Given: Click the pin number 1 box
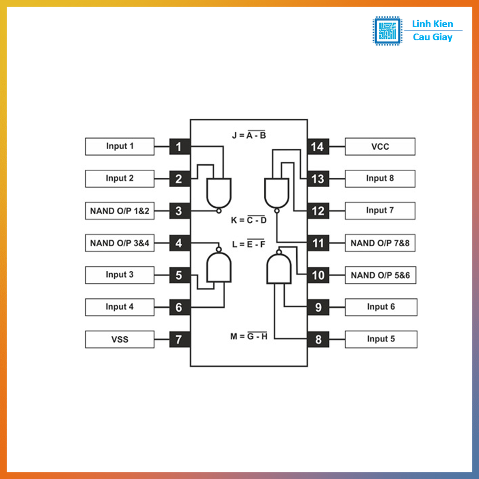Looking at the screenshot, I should click(179, 147).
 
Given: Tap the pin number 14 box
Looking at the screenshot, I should click(318, 147).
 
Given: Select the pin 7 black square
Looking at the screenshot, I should click(179, 339).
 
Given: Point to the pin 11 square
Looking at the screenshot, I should click(318, 243).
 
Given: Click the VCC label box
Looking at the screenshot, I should click(380, 146).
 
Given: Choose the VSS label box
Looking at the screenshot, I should click(120, 339).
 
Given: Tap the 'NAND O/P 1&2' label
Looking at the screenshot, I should click(120, 211).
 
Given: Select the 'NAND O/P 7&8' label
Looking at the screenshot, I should click(380, 243).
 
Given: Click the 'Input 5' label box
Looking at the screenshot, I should click(380, 339).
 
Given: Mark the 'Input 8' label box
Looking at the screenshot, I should click(380, 178).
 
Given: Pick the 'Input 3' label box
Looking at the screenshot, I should click(120, 275).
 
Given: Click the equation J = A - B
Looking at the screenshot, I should click(249, 136).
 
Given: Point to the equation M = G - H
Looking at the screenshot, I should click(249, 336).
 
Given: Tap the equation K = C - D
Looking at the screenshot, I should click(249, 220).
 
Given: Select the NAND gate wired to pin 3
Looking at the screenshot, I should click(219, 193).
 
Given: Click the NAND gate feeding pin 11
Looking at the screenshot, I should click(276, 193).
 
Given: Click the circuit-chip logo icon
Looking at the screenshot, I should click(386, 31).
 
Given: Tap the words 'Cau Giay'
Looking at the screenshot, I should click(433, 37).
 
